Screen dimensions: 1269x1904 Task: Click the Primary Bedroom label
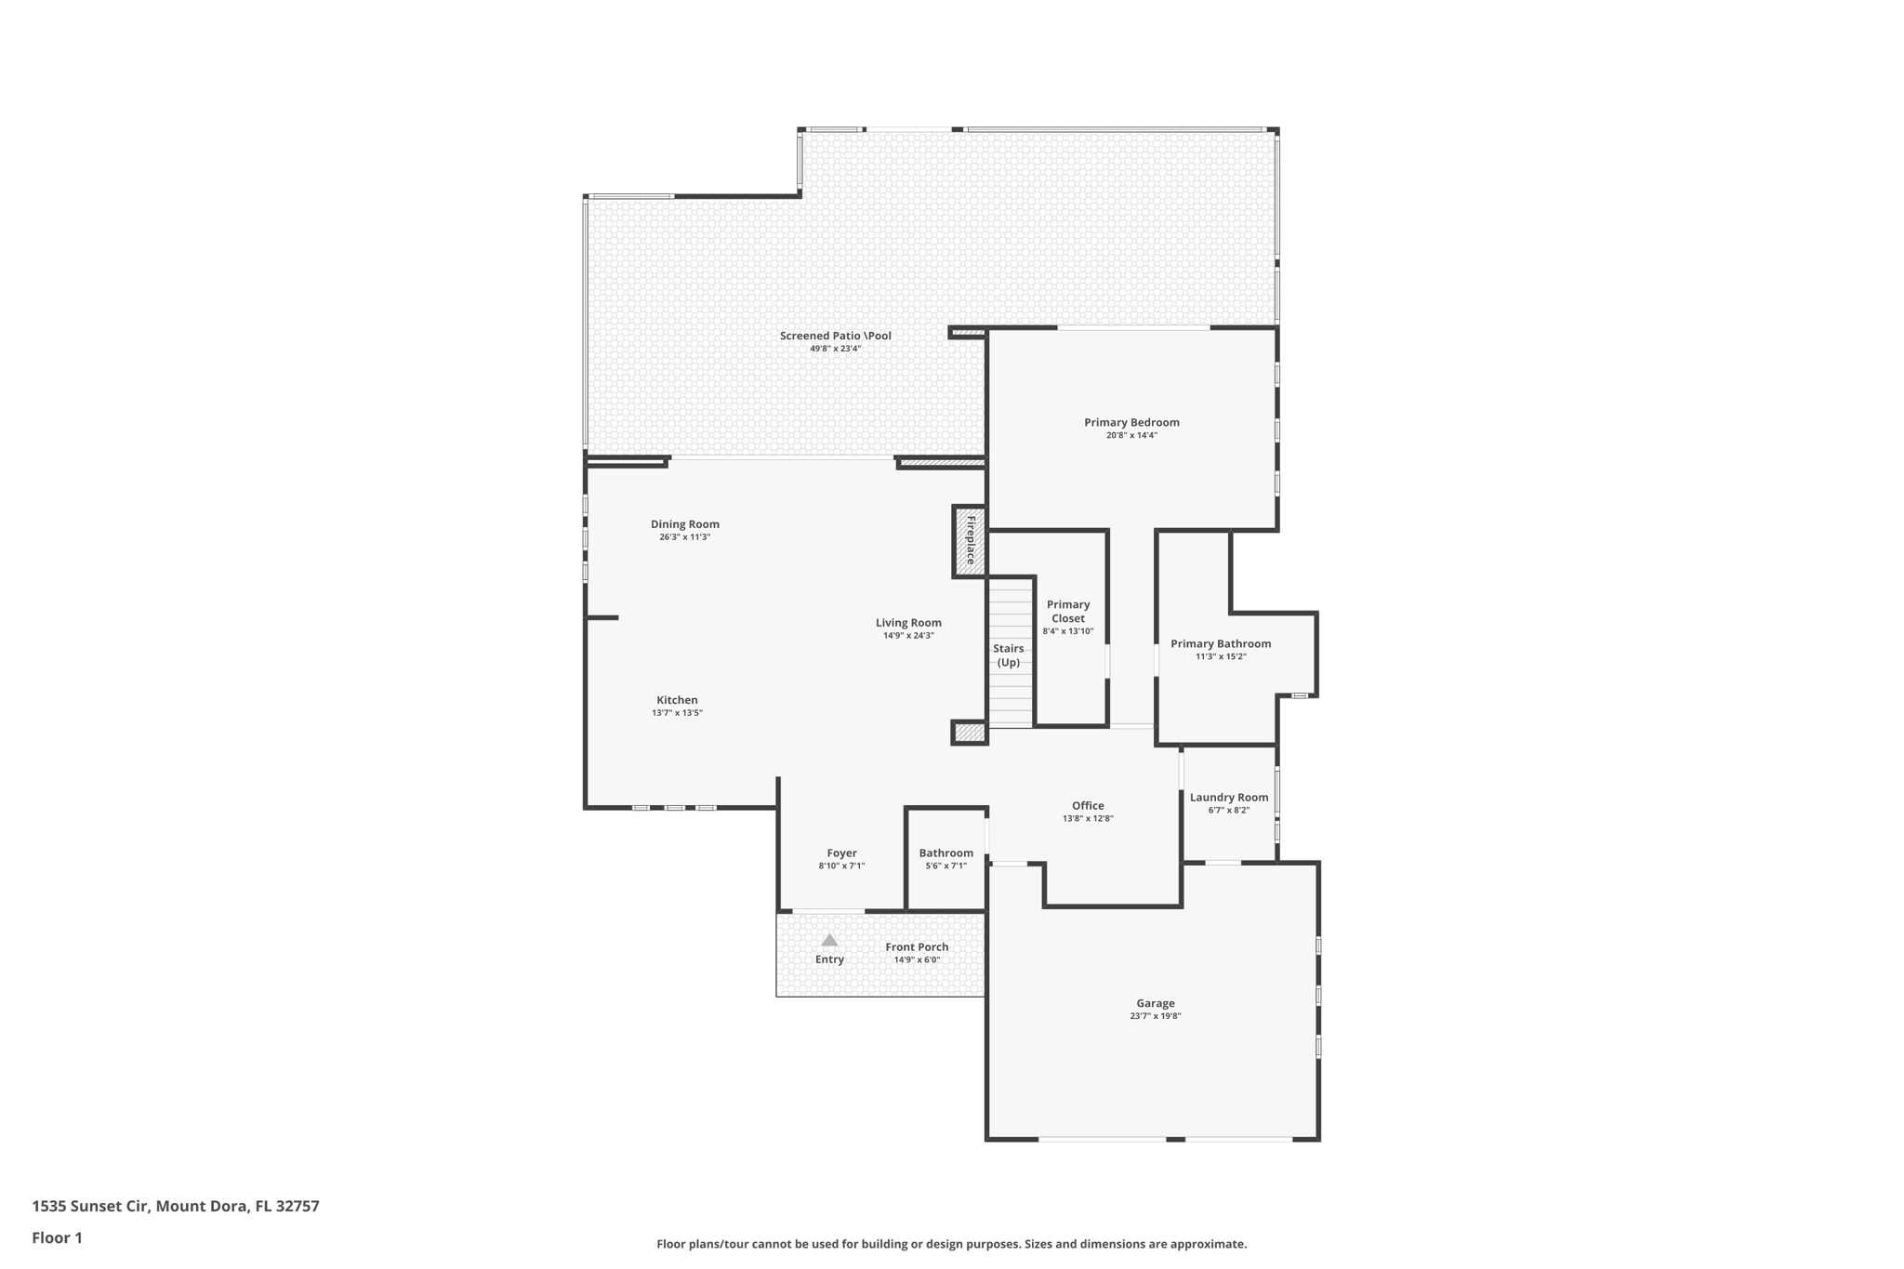(x=1131, y=422)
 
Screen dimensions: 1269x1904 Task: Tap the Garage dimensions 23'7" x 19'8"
(x=1155, y=1016)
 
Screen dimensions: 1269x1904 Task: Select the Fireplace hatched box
(x=970, y=541)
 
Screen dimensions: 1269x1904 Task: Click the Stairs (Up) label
(x=1009, y=655)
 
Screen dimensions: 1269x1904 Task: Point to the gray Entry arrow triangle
(x=829, y=941)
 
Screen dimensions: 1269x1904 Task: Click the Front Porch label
(x=917, y=947)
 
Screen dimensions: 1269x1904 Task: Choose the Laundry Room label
(x=1229, y=798)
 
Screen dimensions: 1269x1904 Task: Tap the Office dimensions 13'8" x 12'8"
(x=1088, y=819)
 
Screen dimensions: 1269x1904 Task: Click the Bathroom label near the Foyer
(x=945, y=853)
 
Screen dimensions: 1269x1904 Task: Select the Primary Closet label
(x=1068, y=612)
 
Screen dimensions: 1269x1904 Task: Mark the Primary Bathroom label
(x=1221, y=643)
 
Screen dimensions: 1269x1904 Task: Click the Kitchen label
(x=677, y=700)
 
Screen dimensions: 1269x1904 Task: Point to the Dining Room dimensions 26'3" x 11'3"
(x=685, y=537)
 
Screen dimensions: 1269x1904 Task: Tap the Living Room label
(x=908, y=623)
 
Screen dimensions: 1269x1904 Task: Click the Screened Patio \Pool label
(x=835, y=336)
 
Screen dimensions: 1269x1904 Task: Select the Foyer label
(x=841, y=853)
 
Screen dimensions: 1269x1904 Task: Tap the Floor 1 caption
(x=58, y=1237)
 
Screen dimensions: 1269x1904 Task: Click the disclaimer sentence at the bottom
(x=951, y=1244)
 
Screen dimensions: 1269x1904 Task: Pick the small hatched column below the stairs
(x=969, y=733)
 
